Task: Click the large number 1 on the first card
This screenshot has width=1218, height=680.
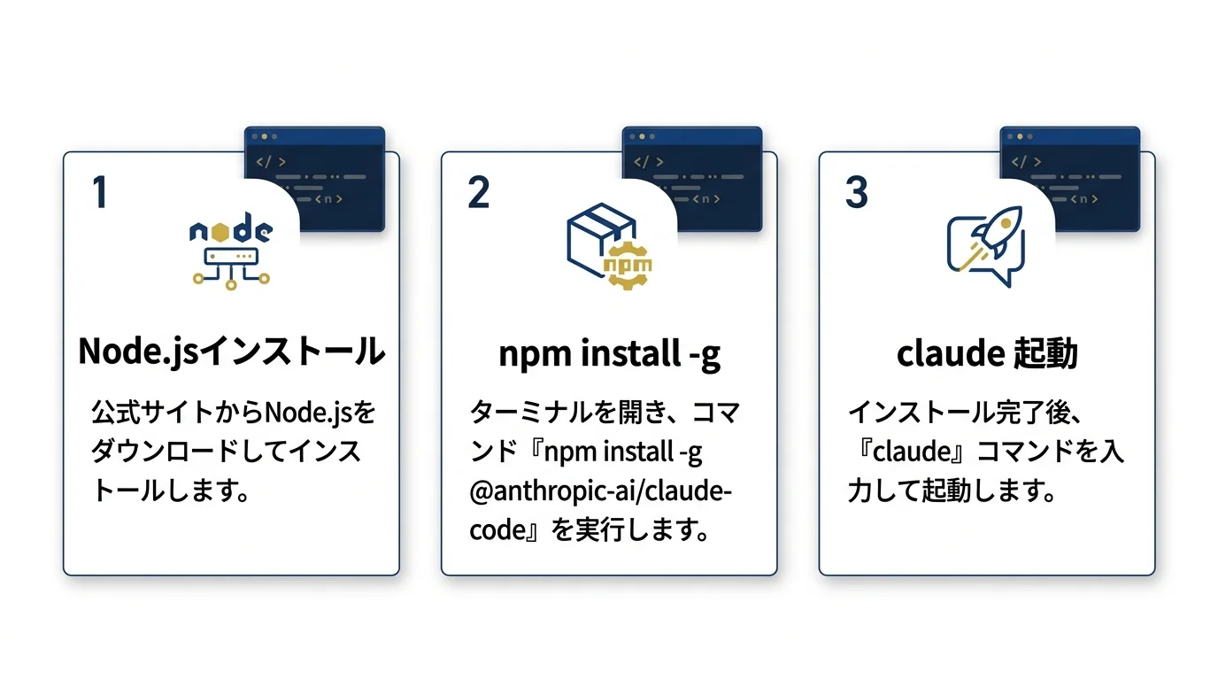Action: coord(100,192)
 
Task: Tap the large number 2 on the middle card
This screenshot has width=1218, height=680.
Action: coord(478,192)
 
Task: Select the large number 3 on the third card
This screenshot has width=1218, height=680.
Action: coord(856,192)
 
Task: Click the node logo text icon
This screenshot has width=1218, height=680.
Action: coord(231,232)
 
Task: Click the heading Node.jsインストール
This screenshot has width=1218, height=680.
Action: coord(231,352)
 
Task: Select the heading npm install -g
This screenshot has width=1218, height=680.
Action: coord(609,354)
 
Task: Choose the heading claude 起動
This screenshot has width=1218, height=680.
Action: coord(987,354)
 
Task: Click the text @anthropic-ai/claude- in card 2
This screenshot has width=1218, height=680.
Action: coord(600,491)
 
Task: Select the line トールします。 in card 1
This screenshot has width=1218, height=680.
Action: coord(168,491)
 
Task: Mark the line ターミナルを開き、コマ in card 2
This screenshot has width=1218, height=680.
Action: coord(605,413)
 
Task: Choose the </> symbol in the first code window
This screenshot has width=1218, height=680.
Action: coord(271,162)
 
